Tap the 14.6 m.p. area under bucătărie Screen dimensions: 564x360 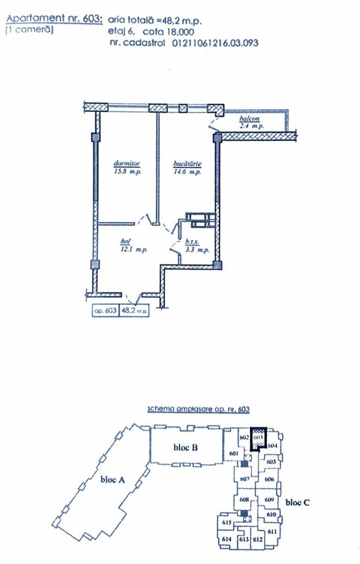pyautogui.click(x=188, y=172)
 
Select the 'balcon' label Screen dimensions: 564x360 pyautogui.click(x=251, y=119)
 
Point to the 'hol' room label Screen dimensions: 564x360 pyautogui.click(x=124, y=241)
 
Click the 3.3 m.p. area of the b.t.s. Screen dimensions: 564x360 pyautogui.click(x=198, y=251)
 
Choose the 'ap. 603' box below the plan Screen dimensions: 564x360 pyautogui.click(x=105, y=311)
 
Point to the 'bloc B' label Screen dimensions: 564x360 pyautogui.click(x=185, y=448)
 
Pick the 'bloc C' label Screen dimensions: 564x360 pyautogui.click(x=298, y=502)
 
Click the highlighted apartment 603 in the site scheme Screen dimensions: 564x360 pyautogui.click(x=258, y=439)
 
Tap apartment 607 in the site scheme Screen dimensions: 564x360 pyautogui.click(x=243, y=479)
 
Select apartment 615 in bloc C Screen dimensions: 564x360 pyautogui.click(x=227, y=523)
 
